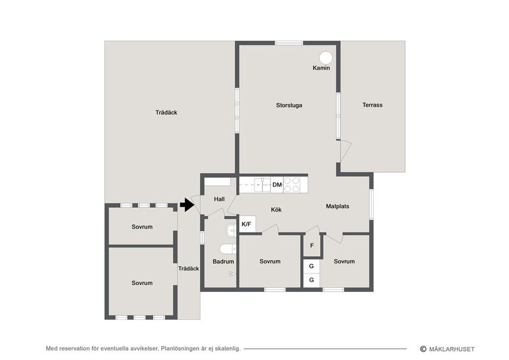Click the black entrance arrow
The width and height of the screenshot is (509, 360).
[x=187, y=205]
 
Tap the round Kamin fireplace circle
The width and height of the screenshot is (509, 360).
[x=326, y=58]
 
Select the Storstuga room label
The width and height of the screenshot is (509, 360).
[x=289, y=105]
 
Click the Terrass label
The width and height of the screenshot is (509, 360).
[x=372, y=105]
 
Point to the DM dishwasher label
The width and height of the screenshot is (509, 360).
[x=277, y=185]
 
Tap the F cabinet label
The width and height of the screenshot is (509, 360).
[x=312, y=245]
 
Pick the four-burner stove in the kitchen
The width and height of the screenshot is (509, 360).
[x=292, y=185]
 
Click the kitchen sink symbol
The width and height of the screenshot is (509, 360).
[x=262, y=185]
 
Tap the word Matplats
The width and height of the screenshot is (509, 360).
[x=338, y=206]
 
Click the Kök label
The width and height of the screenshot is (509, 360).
[x=276, y=210]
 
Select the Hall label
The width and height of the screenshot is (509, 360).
[x=219, y=199]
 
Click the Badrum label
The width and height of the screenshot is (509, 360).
[x=223, y=261]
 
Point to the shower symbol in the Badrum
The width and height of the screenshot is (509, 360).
[x=232, y=274]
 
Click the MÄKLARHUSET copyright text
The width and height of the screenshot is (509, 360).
[x=447, y=349]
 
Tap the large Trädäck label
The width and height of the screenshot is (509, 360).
[x=166, y=112]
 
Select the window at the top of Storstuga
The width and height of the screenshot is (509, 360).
[x=289, y=43]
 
